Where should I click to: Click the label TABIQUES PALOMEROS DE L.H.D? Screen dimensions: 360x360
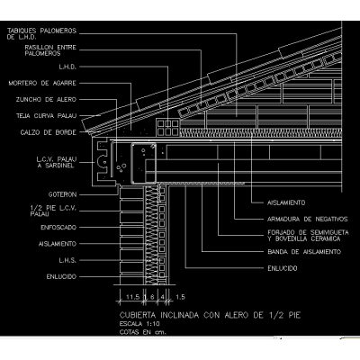click(x=41, y=33)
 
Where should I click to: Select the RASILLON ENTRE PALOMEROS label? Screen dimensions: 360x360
click(x=50, y=50)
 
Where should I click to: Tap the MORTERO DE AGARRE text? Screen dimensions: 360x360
click(x=42, y=83)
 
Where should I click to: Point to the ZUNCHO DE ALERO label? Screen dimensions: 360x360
click(x=46, y=99)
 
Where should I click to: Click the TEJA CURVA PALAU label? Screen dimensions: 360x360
click(x=47, y=116)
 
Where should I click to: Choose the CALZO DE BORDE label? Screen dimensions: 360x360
click(x=49, y=132)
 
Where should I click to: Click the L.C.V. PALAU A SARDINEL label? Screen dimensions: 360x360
click(x=57, y=162)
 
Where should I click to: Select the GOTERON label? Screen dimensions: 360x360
click(x=62, y=194)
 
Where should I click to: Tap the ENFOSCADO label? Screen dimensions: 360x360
click(x=58, y=228)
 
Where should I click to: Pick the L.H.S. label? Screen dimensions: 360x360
click(x=67, y=260)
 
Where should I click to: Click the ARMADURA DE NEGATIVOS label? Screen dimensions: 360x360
click(x=308, y=219)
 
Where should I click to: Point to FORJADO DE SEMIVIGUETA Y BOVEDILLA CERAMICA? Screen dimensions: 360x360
click(x=308, y=236)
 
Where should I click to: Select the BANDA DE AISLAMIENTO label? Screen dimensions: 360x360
click(x=304, y=252)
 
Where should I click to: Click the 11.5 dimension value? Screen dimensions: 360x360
click(x=132, y=297)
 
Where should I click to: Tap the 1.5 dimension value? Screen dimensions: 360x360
click(x=180, y=297)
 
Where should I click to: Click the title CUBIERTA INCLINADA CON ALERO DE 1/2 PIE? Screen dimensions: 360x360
click(x=210, y=315)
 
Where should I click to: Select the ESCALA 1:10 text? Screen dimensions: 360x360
click(x=139, y=324)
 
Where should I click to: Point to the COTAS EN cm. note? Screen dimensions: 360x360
click(x=143, y=332)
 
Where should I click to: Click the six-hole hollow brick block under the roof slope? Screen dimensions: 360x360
click(x=167, y=127)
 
